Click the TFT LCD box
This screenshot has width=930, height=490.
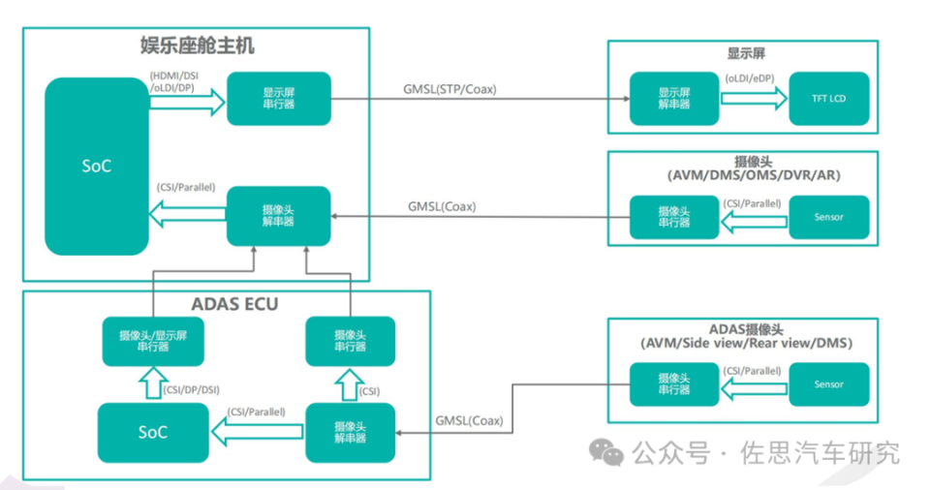(829, 98)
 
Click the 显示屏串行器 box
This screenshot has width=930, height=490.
(279, 98)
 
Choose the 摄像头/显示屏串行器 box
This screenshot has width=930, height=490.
(156, 341)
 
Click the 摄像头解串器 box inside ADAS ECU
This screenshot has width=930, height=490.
(350, 432)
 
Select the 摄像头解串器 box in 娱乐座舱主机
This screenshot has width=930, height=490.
(279, 215)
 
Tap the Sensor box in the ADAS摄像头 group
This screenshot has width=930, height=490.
(829, 384)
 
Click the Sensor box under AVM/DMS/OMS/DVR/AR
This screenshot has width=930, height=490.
(829, 217)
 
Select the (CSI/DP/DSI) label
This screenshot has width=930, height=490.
(191, 389)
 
